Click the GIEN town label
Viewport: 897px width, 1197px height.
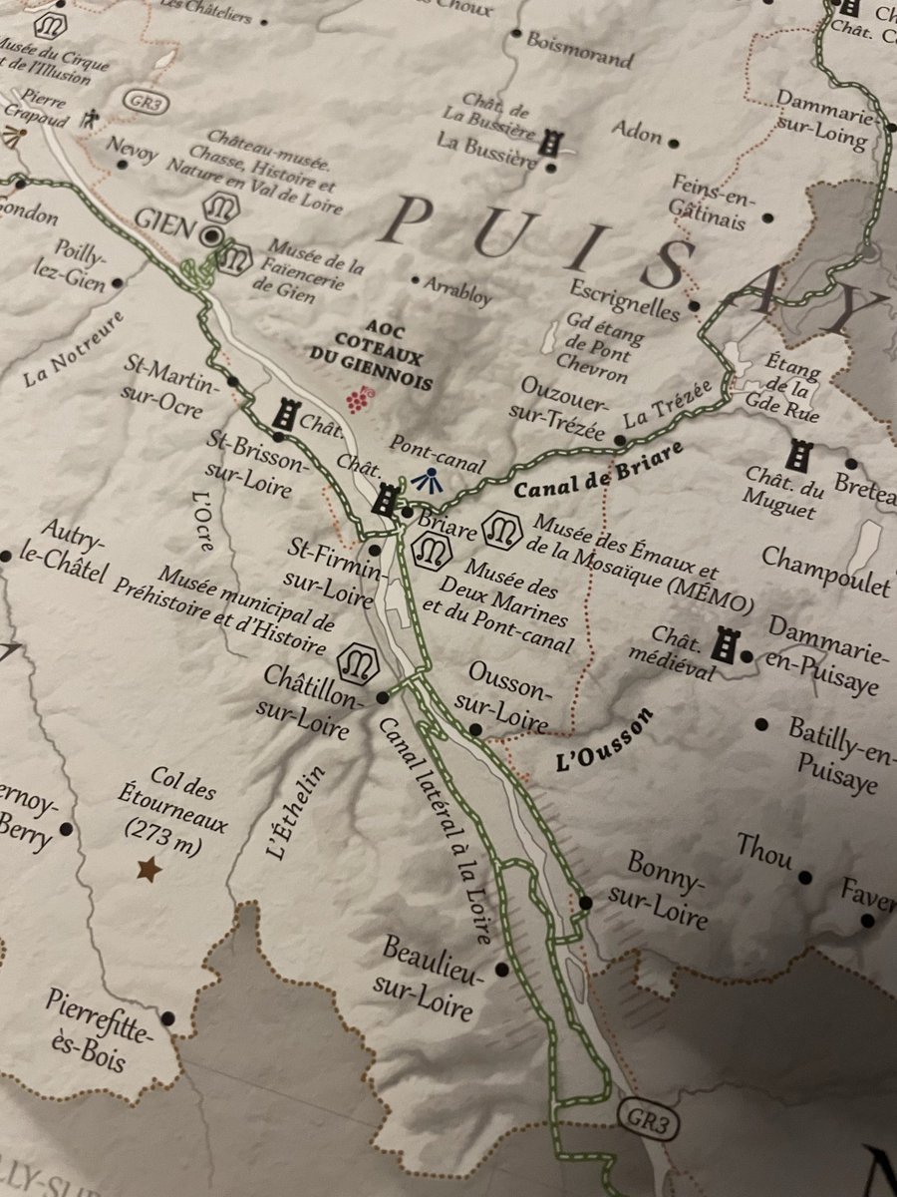tap(164, 221)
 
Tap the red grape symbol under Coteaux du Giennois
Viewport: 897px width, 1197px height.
tap(356, 399)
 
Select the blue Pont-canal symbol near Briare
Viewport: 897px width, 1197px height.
tap(427, 480)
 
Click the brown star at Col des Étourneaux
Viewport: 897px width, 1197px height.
tap(149, 871)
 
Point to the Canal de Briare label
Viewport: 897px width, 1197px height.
tap(598, 470)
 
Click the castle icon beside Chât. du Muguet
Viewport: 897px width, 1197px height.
tap(797, 456)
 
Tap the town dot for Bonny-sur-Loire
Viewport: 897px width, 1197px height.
tap(585, 903)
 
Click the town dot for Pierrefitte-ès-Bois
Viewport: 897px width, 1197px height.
tap(167, 1018)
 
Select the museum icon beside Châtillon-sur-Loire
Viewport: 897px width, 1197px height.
tap(358, 659)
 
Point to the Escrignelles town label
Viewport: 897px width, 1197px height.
tap(624, 297)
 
